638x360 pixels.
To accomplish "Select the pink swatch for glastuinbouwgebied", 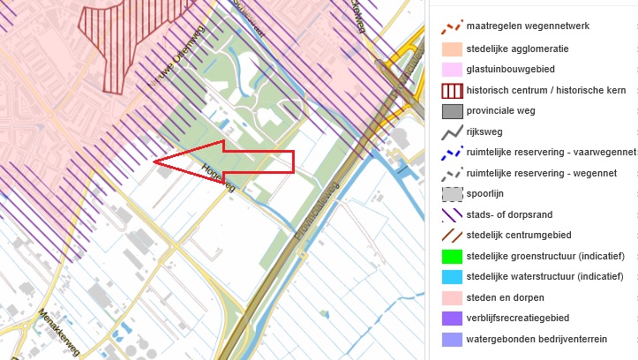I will (453, 69).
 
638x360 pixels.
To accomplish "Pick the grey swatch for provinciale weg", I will (453, 111).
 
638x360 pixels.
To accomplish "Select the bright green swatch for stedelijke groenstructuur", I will (453, 256).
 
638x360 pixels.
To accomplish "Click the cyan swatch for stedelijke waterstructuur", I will (453, 277).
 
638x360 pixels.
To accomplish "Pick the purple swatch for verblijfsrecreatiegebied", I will (453, 319).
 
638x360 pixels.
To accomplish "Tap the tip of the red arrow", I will (155, 161).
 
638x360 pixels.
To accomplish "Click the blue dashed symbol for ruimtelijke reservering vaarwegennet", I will (453, 153).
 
